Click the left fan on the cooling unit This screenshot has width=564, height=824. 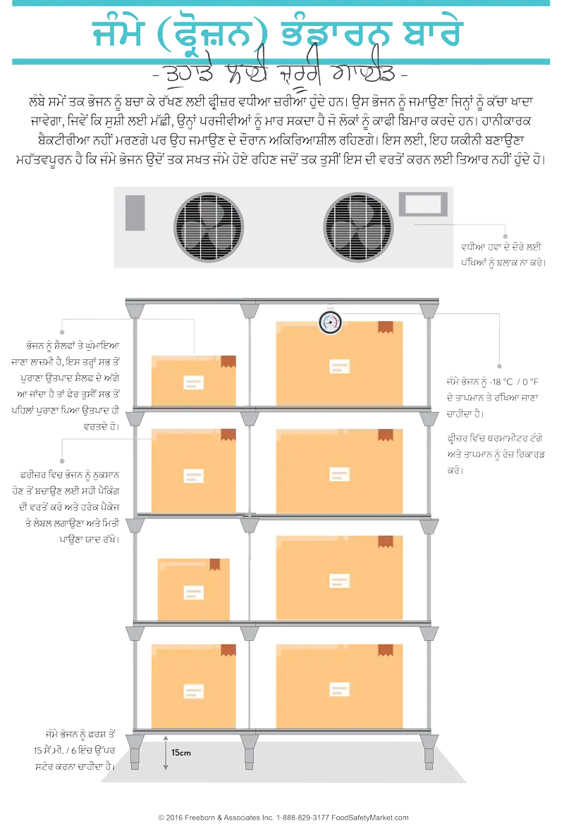click(x=209, y=227)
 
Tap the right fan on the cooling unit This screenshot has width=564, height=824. click(x=358, y=227)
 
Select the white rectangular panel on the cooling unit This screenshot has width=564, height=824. click(x=423, y=204)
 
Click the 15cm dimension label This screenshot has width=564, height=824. click(x=181, y=753)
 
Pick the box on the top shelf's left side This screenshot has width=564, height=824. click(x=193, y=380)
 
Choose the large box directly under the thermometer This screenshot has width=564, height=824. click(x=339, y=363)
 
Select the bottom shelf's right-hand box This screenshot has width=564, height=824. click(x=339, y=685)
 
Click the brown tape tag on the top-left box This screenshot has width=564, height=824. click(x=228, y=361)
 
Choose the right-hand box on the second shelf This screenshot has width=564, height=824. click(x=339, y=470)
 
